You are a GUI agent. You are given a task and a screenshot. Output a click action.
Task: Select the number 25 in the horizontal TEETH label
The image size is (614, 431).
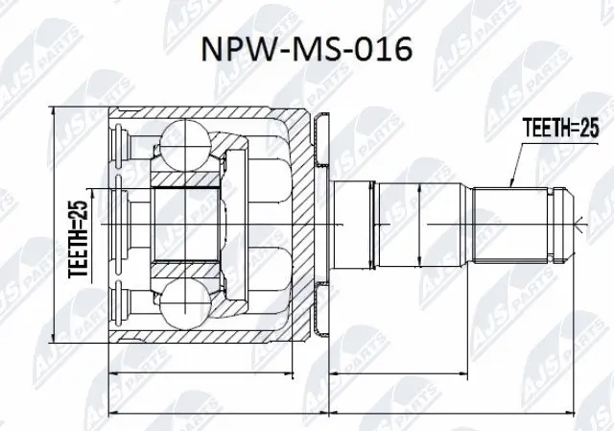586,126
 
